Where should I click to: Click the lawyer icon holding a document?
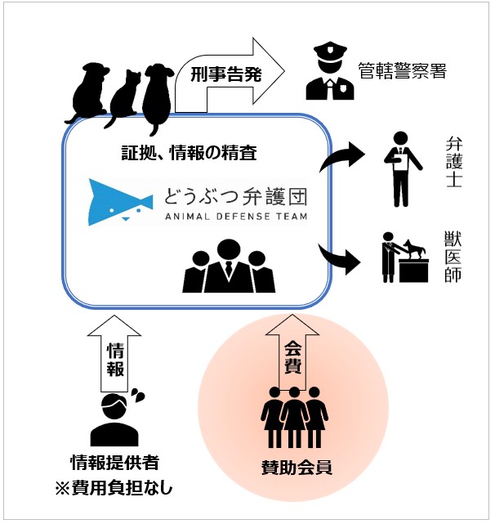coord(399,170)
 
